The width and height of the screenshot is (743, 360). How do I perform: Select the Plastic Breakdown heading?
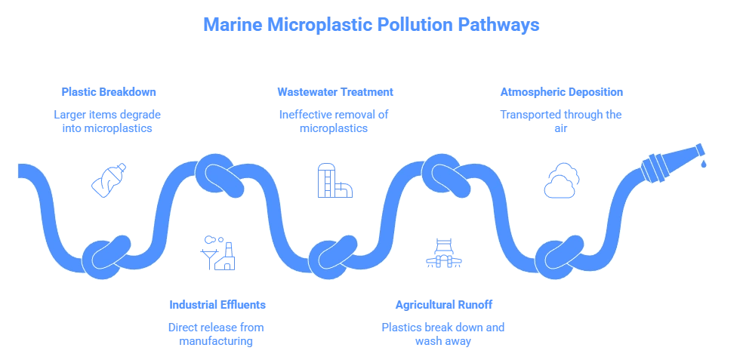(x=109, y=91)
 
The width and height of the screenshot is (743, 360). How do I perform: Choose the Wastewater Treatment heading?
(x=335, y=91)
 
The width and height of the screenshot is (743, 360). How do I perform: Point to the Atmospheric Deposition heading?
(x=561, y=91)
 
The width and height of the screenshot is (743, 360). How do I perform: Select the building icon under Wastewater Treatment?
(x=335, y=181)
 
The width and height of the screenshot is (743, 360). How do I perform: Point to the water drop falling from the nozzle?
(x=703, y=162)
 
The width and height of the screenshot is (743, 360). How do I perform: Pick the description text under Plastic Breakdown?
(x=109, y=122)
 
